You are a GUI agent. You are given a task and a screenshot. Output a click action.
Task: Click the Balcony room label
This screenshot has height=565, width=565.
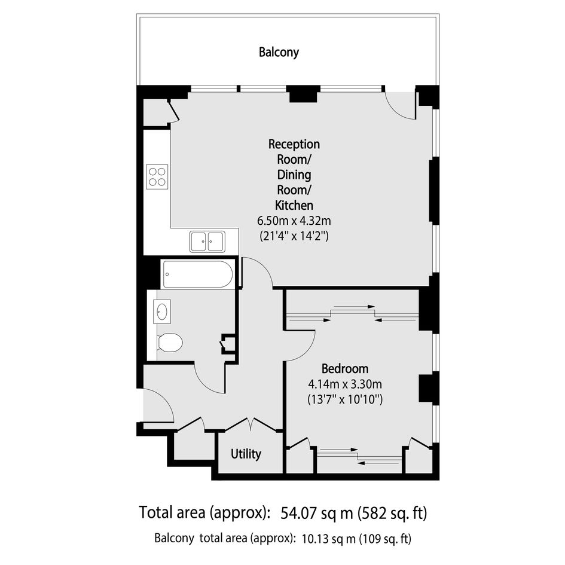tap(279, 52)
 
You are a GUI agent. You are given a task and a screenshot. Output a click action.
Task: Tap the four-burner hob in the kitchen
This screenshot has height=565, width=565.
tap(157, 176)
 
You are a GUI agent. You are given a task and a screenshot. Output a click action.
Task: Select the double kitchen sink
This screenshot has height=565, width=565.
tap(207, 242)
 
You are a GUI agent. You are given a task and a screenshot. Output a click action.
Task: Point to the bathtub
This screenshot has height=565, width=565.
tap(198, 274)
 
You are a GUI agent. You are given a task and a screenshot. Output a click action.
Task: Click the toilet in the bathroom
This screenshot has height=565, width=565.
tap(170, 343)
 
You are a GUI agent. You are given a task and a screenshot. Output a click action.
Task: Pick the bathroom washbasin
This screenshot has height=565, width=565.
tap(162, 311)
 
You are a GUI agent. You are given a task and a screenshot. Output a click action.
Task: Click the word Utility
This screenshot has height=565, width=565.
tap(246, 454)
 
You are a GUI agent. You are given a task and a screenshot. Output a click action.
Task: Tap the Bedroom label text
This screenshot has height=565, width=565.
tap(345, 369)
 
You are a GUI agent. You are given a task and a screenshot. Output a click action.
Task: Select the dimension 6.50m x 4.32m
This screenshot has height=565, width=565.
tap(294, 220)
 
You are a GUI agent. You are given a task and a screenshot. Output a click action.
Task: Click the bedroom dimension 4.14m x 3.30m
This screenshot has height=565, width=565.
tap(345, 384)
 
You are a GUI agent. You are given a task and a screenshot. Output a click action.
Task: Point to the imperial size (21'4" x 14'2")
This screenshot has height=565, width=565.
tap(294, 236)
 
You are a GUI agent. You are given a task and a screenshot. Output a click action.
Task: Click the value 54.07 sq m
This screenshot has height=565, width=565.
tap(317, 512)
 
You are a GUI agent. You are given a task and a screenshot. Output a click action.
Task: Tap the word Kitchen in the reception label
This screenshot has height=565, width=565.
tap(294, 205)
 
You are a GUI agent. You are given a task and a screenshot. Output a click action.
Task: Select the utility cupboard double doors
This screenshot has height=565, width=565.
tap(252, 424)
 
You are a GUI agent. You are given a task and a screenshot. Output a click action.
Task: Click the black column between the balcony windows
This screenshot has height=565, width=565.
tap(303, 94)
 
